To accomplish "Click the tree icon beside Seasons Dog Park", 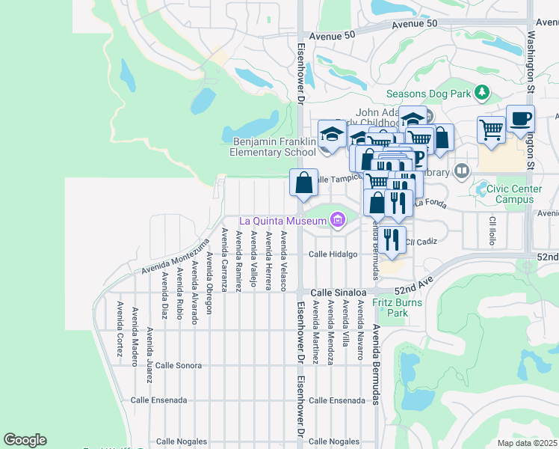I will pyautogui.click(x=482, y=93).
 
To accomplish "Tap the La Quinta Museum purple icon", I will pyautogui.click(x=337, y=220).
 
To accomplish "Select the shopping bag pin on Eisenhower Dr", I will pyautogui.click(x=303, y=183).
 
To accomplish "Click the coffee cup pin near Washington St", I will pyautogui.click(x=520, y=119).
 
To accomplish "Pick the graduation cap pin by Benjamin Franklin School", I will pyautogui.click(x=332, y=135).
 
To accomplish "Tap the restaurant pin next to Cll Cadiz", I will pyautogui.click(x=392, y=239).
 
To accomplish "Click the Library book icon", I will pyautogui.click(x=461, y=171).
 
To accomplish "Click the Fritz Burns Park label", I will pyautogui.click(x=398, y=308).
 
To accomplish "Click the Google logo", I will pyautogui.click(x=25, y=440).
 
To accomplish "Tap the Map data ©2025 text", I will pyautogui.click(x=527, y=443).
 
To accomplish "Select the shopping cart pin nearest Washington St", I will pyautogui.click(x=491, y=129).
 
